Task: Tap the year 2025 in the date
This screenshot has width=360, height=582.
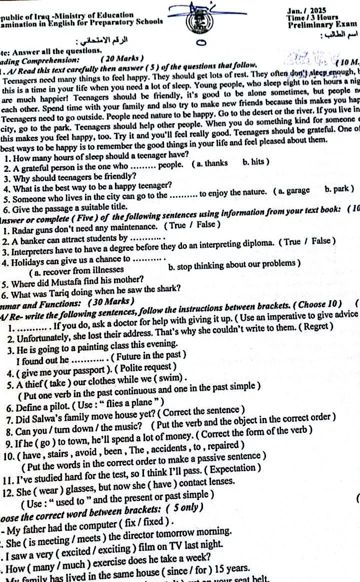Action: point(318,10)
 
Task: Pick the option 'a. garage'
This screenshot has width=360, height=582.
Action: point(295,190)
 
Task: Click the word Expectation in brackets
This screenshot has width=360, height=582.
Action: point(234,470)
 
